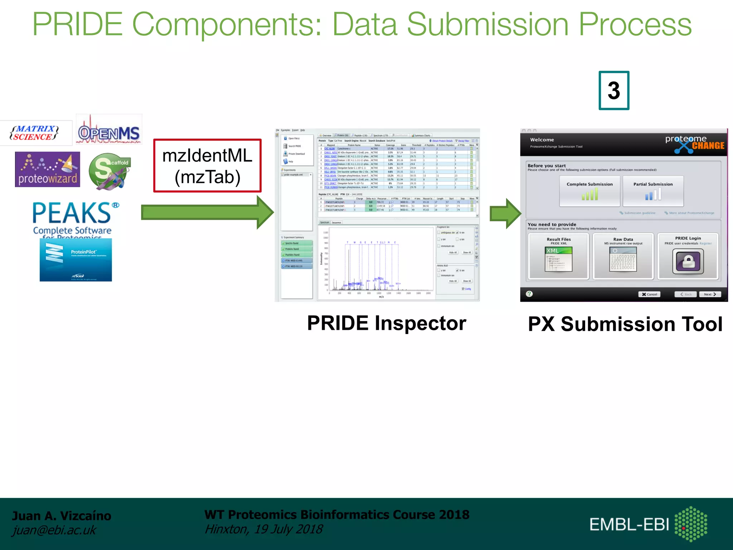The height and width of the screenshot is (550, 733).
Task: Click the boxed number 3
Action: point(613,91)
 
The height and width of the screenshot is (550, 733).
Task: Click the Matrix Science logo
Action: point(35,133)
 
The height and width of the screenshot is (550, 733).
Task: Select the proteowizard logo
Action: point(48,169)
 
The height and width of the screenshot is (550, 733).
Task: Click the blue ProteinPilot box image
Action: point(76,260)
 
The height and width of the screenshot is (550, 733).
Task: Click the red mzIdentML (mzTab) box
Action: point(207,166)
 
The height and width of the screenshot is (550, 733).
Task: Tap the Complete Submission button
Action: point(589,191)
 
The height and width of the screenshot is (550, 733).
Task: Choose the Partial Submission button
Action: point(653,191)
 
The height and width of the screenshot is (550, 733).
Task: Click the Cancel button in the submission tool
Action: point(649,294)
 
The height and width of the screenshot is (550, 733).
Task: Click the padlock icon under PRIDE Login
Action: point(688,261)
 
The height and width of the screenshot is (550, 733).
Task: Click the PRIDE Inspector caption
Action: point(387,323)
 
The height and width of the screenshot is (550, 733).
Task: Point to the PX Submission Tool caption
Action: point(625,324)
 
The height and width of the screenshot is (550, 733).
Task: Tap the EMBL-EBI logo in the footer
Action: point(648,524)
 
